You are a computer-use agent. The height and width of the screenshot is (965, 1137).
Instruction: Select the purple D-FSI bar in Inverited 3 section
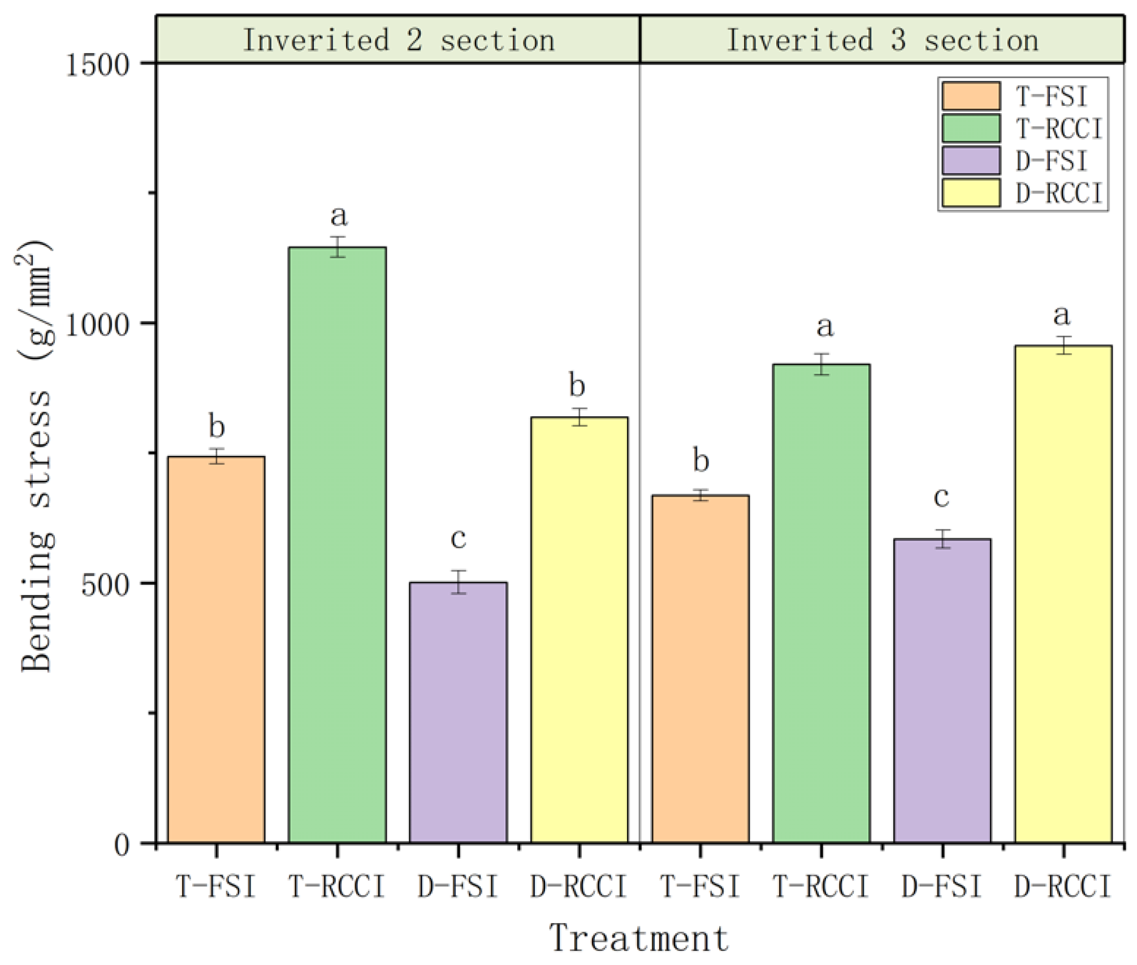pos(942,691)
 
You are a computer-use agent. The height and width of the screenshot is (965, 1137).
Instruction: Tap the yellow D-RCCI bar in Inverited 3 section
pos(1063,594)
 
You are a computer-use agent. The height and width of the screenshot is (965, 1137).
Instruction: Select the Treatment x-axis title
pos(639,938)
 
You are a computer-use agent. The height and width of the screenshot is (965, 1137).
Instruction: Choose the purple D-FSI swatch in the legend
pos(970,161)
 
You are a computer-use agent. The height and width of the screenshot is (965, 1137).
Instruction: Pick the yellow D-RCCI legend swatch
pos(970,193)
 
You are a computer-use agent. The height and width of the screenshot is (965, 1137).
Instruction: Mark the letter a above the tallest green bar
pos(338,216)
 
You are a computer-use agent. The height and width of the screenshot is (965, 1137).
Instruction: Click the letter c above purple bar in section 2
pos(458,538)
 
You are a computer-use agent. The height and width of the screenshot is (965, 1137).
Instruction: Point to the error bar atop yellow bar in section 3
pos(1063,345)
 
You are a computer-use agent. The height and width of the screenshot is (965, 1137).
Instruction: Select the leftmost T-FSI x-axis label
pos(216,886)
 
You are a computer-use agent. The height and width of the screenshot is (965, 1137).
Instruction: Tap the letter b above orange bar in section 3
pos(701,460)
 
